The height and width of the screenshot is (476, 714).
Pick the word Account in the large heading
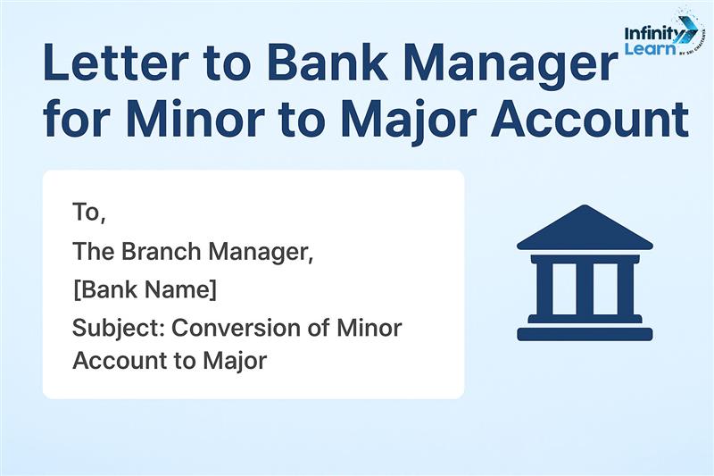(x=590, y=117)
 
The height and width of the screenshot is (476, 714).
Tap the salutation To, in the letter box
(x=89, y=213)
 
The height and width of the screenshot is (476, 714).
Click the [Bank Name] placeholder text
(x=145, y=289)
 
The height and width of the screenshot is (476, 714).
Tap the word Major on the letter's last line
(x=235, y=362)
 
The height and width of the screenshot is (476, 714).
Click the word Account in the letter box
(x=120, y=361)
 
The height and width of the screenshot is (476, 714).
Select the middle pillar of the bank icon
(x=585, y=289)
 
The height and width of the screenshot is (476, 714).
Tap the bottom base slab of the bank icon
(x=585, y=334)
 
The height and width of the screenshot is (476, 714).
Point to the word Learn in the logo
(x=651, y=48)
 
